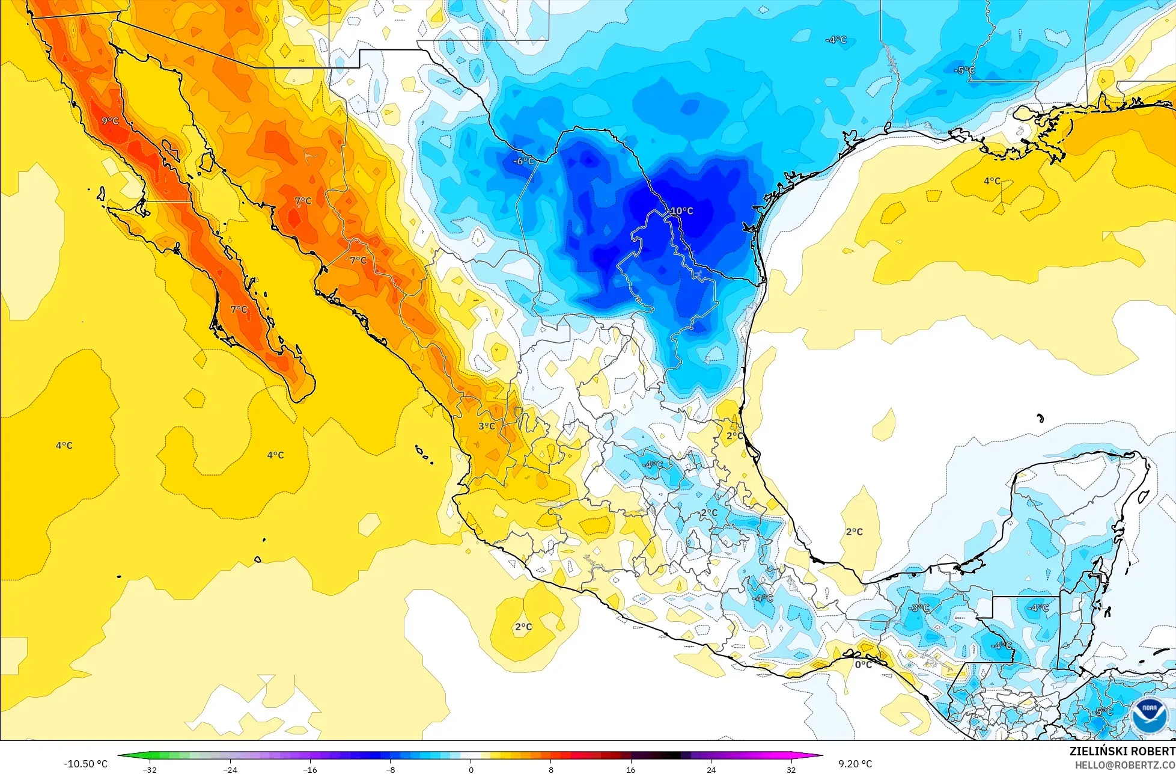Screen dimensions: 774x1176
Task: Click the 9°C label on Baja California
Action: tap(110, 121)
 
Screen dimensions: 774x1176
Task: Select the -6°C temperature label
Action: tap(523, 161)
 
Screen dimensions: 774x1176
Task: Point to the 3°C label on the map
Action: tap(487, 426)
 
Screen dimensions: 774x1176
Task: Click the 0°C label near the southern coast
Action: tap(863, 665)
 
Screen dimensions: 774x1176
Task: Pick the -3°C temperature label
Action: tap(919, 608)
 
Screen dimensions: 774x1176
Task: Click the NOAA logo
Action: tap(1149, 716)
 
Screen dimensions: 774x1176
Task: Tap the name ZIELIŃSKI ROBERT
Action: tap(1122, 751)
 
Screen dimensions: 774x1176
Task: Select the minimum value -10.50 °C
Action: tap(85, 764)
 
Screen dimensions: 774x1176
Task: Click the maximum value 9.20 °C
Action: tap(855, 764)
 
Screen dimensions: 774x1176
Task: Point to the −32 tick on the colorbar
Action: tap(150, 769)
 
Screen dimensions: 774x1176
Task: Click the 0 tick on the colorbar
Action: tap(471, 769)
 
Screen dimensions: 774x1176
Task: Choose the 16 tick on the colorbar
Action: tap(630, 769)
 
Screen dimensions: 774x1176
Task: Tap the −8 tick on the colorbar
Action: tap(390, 769)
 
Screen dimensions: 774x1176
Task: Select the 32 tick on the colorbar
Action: tap(791, 769)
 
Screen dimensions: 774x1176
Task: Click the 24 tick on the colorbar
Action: tap(711, 769)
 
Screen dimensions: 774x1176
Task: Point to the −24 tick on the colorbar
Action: tap(230, 769)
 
